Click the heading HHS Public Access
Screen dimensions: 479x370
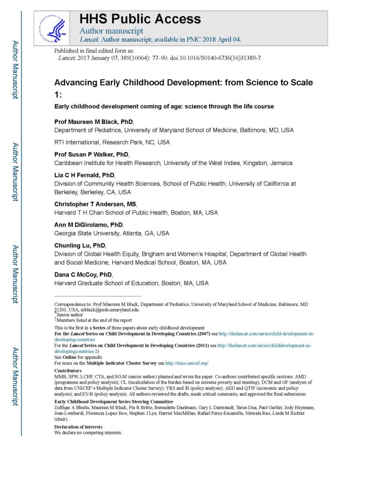(x=140, y=19)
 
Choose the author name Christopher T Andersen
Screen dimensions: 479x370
(x=95, y=204)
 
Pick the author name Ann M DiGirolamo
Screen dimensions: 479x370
(x=88, y=225)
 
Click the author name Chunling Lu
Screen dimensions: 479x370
(x=80, y=246)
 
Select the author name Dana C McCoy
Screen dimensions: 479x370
(x=83, y=275)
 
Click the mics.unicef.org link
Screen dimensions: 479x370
(x=187, y=363)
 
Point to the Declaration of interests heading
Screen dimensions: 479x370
(x=78, y=427)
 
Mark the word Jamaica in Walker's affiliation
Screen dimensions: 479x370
(x=280, y=163)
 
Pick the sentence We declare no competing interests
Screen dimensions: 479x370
(x=88, y=433)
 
